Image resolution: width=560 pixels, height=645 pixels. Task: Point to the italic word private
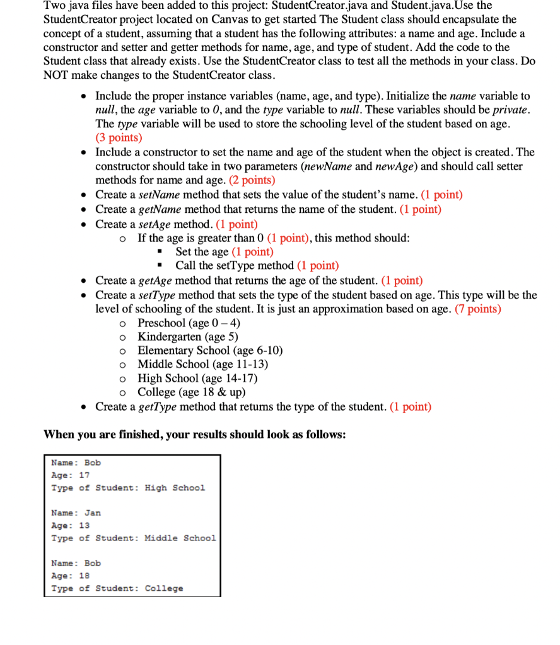pyautogui.click(x=509, y=110)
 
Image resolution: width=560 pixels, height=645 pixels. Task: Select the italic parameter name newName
pyautogui.click(x=327, y=166)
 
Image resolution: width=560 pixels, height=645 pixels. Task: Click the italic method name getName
pyautogui.click(x=159, y=209)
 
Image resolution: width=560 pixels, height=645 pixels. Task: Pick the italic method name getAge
pyautogui.click(x=156, y=280)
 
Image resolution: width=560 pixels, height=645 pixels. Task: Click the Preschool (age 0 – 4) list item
pyautogui.click(x=189, y=322)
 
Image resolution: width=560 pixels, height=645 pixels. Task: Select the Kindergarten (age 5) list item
pyautogui.click(x=188, y=336)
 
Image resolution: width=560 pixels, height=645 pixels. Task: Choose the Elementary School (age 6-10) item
pyautogui.click(x=210, y=350)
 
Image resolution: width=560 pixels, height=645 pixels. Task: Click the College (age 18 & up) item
pyautogui.click(x=191, y=392)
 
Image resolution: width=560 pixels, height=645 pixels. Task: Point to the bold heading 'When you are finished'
pyautogui.click(x=194, y=435)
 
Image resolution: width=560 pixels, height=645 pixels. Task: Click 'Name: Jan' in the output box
pyautogui.click(x=76, y=513)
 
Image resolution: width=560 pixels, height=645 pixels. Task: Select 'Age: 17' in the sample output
pyautogui.click(x=70, y=475)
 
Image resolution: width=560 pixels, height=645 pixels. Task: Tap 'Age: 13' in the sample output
pyautogui.click(x=70, y=525)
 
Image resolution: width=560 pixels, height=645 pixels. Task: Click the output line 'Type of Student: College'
pyautogui.click(x=117, y=588)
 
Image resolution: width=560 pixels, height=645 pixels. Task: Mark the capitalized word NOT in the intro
pyautogui.click(x=55, y=75)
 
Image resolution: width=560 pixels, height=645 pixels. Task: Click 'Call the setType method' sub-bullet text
pyautogui.click(x=235, y=265)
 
